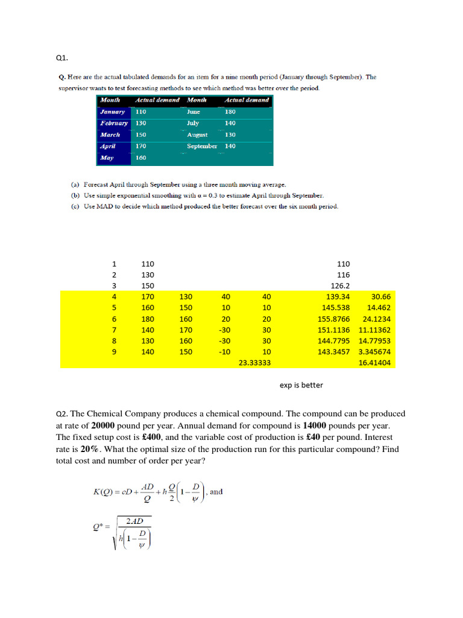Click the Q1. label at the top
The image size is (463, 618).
coord(61,59)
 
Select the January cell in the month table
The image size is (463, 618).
coord(113,112)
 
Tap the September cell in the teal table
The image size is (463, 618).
coord(202,146)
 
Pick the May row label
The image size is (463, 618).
coord(108,158)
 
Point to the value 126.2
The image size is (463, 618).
coord(339,285)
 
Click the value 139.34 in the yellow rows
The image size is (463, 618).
coord(337,296)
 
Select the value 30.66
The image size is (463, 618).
coord(381,296)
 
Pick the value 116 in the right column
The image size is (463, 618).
coord(344,275)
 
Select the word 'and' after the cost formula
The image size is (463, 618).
coord(216,491)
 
